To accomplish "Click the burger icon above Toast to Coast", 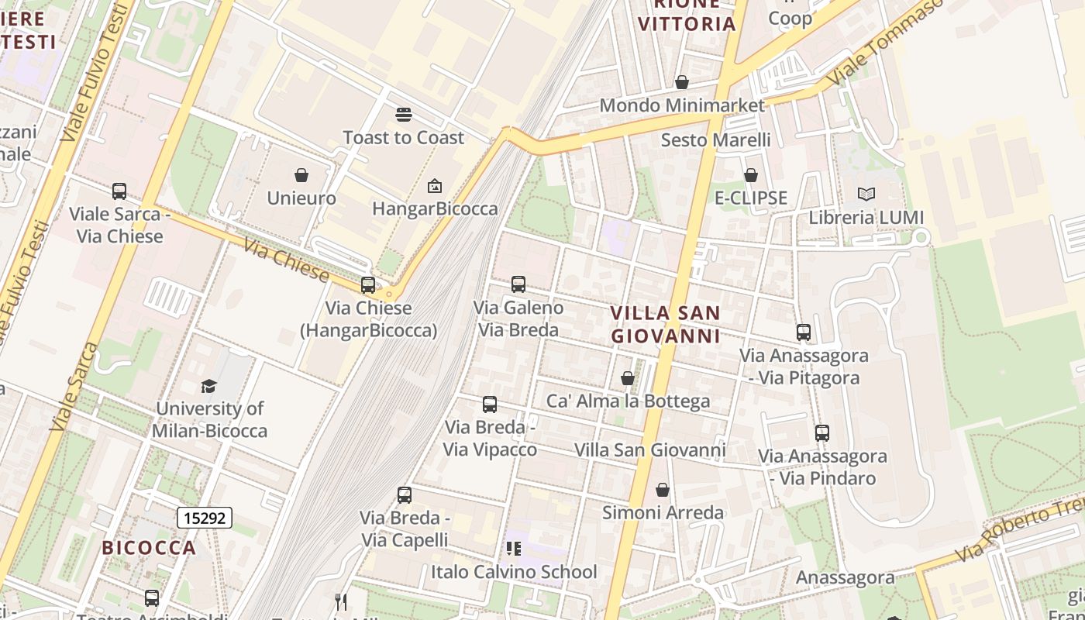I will coord(403,115).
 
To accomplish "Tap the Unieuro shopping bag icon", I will coord(301,175).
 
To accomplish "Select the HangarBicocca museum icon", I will coord(435,186).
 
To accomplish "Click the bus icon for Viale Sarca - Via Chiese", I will coord(119,191).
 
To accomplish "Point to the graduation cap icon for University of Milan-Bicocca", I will coord(208,386).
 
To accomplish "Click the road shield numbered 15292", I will coord(205,518).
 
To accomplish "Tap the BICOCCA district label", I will coord(150,548).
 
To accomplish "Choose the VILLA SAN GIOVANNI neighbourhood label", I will coord(666,324).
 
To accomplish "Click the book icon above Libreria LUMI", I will coord(866,195).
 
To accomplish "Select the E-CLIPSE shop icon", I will coord(750,175).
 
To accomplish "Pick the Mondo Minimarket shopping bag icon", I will coord(682,82).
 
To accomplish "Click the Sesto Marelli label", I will coord(715,139).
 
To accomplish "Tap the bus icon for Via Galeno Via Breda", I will coord(518,284).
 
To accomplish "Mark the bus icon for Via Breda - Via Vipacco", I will coord(490,404).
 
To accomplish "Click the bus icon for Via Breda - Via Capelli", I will coord(405,494).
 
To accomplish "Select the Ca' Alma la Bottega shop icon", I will coord(628,378).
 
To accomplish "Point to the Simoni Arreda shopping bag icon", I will coord(663,490).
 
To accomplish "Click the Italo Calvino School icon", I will coord(514,549).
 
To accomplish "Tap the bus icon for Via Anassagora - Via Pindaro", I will coord(822,433).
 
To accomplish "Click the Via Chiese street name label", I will coord(286,260).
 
